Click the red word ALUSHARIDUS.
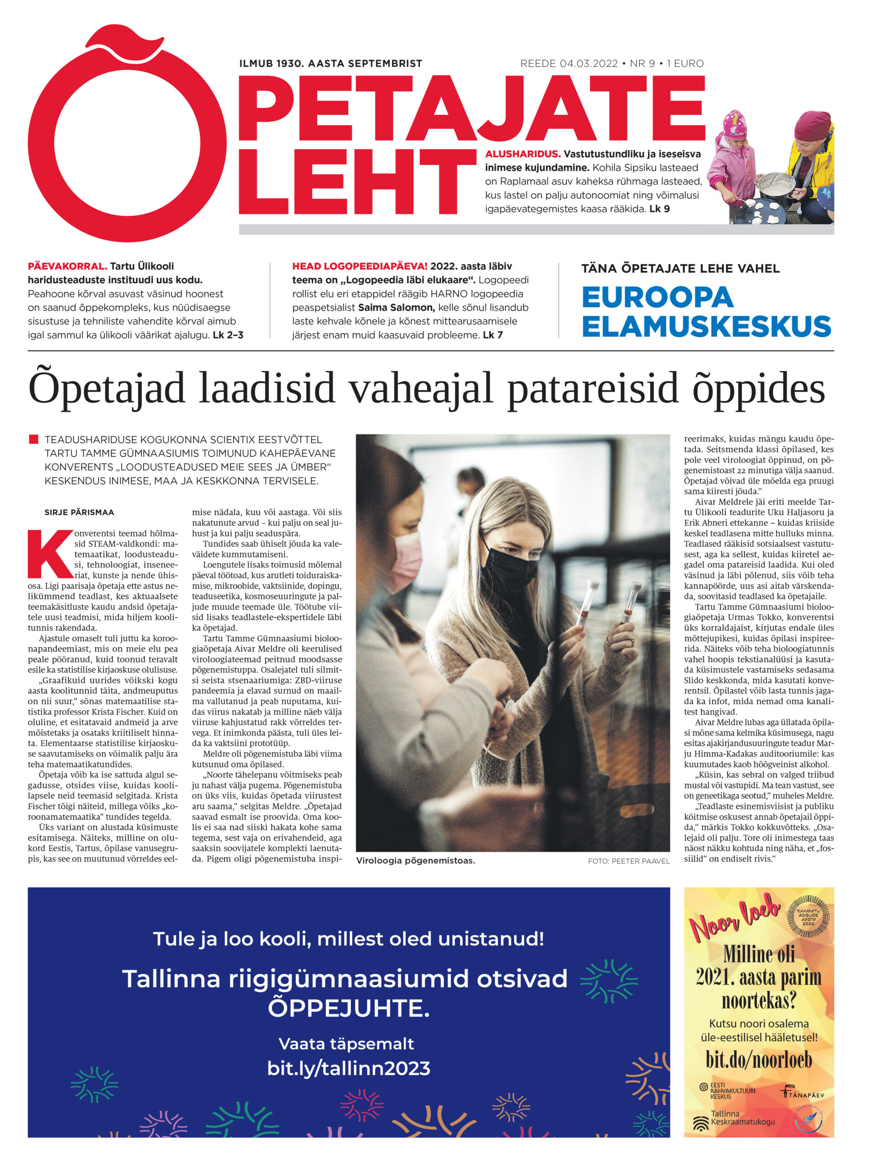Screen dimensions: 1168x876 522,154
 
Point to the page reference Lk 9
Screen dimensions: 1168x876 659,209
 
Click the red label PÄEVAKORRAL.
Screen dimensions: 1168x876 67,266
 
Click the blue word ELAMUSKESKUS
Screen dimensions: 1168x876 706,326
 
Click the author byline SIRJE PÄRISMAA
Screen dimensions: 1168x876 79,512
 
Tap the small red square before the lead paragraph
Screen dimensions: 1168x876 34,439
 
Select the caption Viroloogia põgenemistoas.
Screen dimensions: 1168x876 416,860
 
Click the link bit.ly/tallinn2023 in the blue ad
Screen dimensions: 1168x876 349,1068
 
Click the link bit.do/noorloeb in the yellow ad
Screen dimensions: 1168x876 758,1060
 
